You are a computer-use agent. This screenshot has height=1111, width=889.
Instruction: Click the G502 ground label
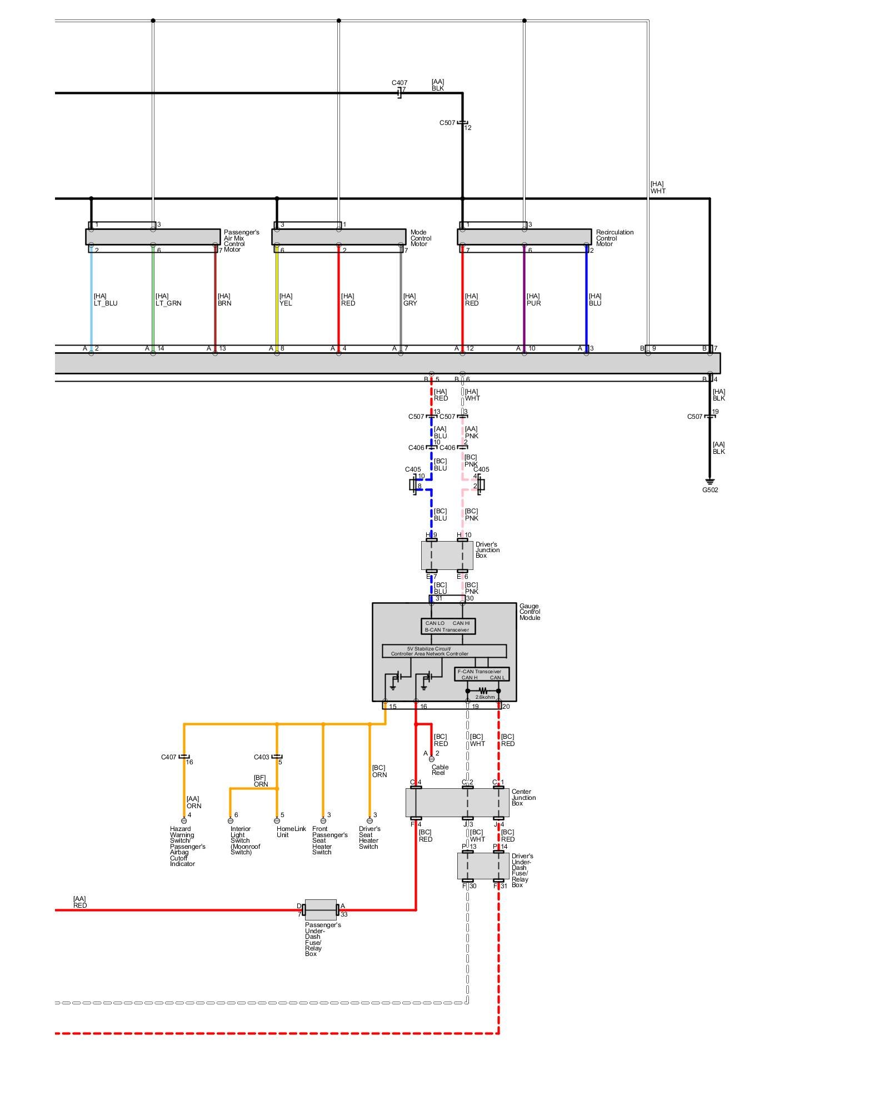[x=710, y=490]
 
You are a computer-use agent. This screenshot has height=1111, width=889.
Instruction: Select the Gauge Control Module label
[x=530, y=612]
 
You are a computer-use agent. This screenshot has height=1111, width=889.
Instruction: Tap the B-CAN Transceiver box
[x=448, y=626]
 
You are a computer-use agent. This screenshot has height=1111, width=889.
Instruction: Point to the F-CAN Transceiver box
[x=481, y=674]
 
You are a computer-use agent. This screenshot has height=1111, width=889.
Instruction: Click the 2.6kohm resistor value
[x=485, y=697]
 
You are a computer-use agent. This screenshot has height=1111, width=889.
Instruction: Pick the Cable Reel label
[x=439, y=770]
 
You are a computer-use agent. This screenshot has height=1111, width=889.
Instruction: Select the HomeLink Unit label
[x=291, y=832]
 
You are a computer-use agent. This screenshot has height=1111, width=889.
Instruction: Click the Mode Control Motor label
[x=421, y=238]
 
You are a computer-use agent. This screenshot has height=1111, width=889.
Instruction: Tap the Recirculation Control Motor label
[x=614, y=238]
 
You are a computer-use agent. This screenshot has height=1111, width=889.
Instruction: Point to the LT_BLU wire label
[x=105, y=300]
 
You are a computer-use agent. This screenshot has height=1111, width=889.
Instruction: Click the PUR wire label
[x=533, y=300]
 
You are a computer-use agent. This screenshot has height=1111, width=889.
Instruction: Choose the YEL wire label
[x=285, y=300]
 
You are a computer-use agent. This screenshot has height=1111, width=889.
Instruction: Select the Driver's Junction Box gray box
[x=447, y=555]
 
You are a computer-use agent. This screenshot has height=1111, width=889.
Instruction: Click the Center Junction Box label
[x=523, y=798]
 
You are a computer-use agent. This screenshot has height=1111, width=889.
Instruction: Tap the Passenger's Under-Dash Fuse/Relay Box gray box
[x=321, y=910]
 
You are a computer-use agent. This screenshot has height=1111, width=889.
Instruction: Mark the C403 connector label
[x=261, y=757]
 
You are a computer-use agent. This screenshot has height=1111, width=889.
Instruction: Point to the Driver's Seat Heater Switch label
[x=369, y=837]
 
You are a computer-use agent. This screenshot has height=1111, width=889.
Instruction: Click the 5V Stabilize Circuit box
[x=444, y=651]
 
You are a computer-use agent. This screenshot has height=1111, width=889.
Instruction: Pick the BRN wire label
[x=224, y=300]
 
